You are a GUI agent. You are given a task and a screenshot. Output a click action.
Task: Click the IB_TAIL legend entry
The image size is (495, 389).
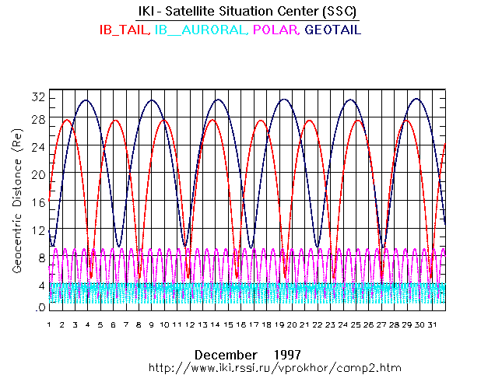(125, 30)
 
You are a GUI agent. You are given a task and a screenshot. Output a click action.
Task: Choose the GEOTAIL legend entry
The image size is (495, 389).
(333, 30)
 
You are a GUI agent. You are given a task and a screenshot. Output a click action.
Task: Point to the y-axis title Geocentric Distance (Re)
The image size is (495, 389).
(16, 202)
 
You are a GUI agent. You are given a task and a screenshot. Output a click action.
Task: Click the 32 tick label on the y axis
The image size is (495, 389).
(37, 96)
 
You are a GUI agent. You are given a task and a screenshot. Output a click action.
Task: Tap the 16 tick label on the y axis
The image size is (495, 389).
(37, 202)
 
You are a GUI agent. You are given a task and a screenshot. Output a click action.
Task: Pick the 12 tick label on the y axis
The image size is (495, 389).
(37, 231)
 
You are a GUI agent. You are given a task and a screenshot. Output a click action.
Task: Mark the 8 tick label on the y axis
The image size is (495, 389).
(40, 258)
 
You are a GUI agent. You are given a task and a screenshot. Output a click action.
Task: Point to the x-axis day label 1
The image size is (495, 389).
(49, 324)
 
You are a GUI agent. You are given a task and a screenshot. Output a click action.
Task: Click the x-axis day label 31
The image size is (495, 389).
(434, 324)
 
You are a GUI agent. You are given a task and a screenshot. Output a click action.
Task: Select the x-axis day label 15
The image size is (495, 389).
(229, 324)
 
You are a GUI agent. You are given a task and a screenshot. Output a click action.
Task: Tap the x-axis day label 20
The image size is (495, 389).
(293, 324)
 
